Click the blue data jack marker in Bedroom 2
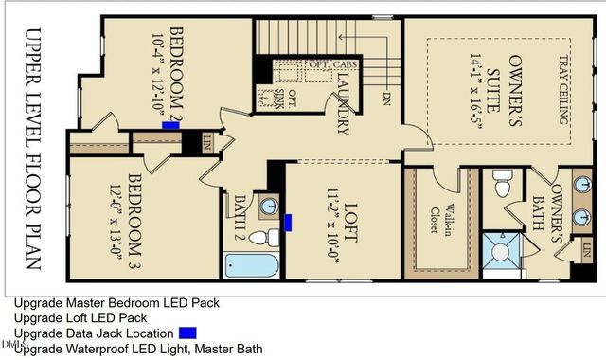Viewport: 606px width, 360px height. point(171,124)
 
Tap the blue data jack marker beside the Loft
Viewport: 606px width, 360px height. point(288,223)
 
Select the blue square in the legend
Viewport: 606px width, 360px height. point(187,333)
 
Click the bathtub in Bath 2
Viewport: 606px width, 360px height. point(253,264)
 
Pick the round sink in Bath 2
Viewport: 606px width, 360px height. point(269,205)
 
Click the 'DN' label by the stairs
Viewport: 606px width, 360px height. point(387,96)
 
